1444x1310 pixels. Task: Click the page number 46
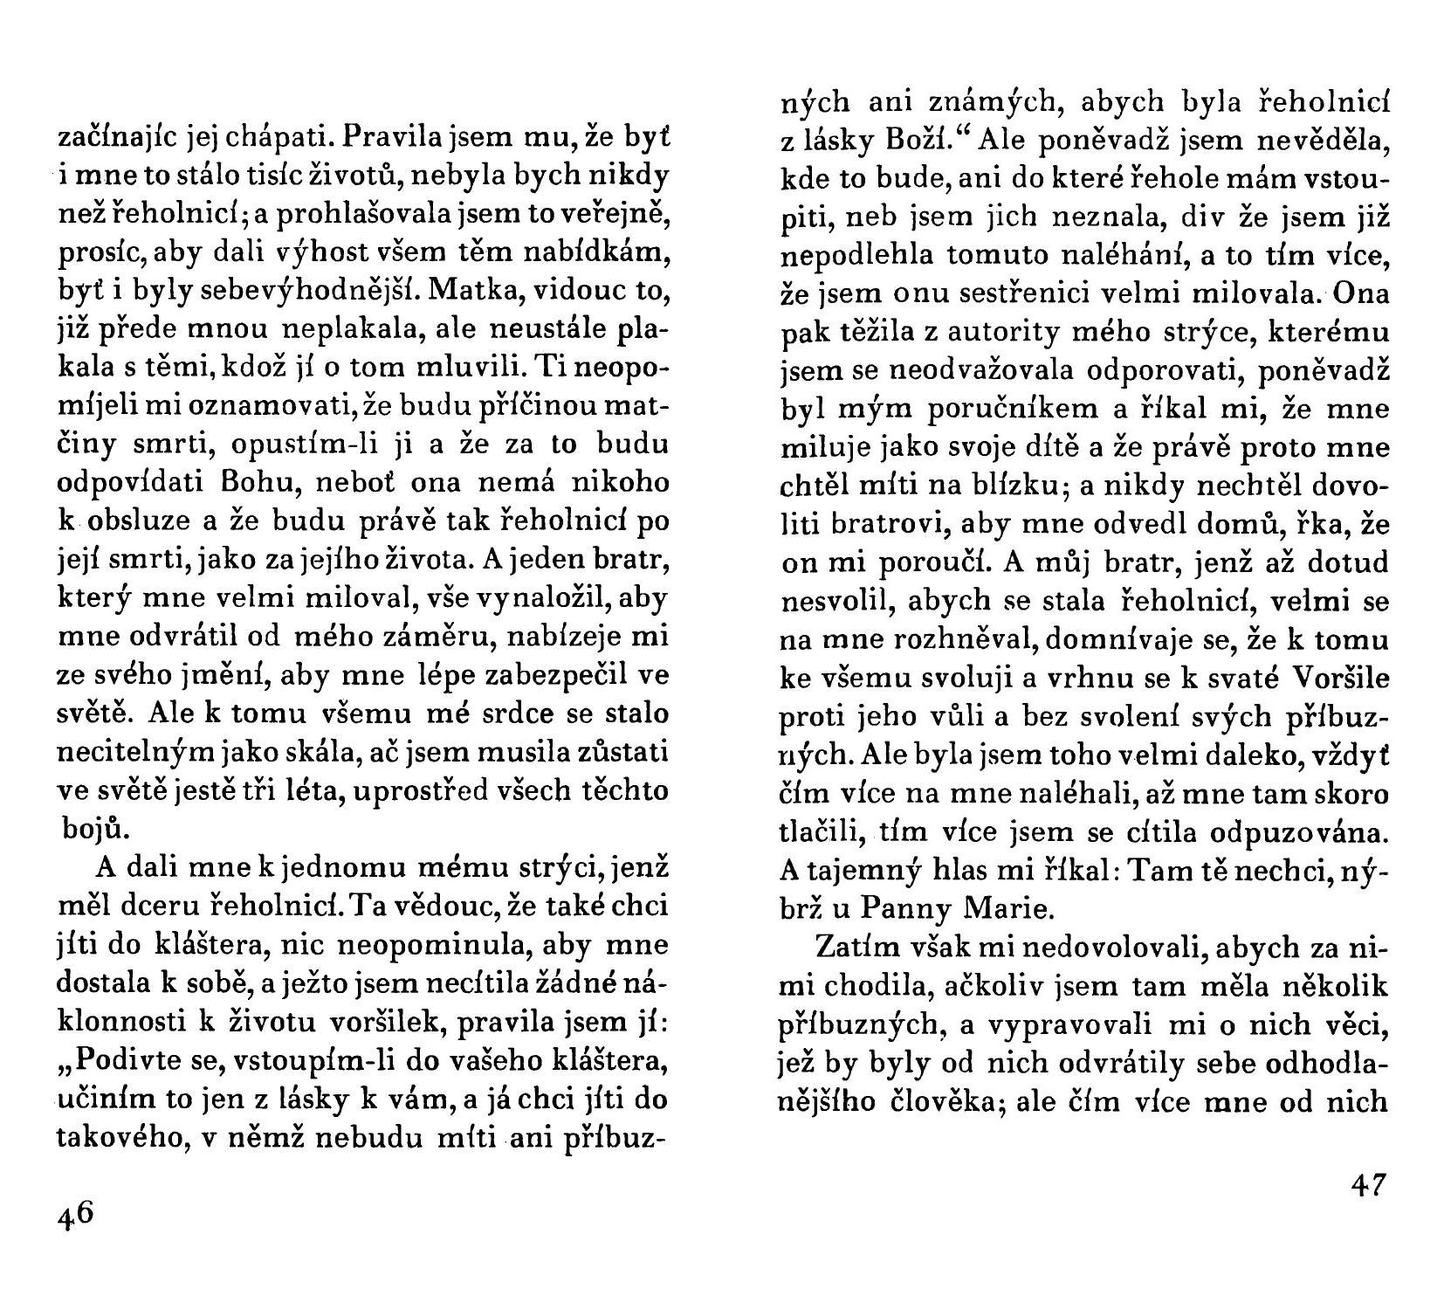[76, 1215]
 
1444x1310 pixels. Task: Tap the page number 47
[1368, 1185]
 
